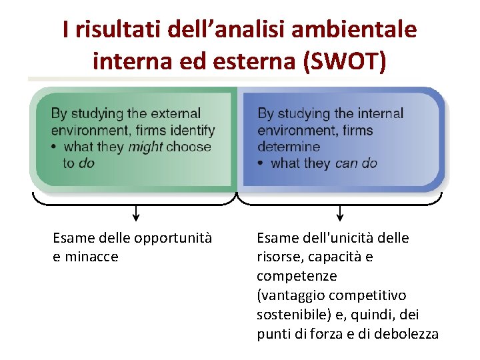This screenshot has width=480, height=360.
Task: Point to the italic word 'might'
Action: (145, 147)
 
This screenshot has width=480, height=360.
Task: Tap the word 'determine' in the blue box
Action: (289, 147)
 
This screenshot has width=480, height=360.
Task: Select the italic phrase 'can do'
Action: (356, 163)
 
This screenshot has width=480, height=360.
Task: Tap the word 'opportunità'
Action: (173, 238)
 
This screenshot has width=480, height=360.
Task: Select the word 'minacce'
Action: (91, 257)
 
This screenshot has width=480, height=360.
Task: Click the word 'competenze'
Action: (288, 276)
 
